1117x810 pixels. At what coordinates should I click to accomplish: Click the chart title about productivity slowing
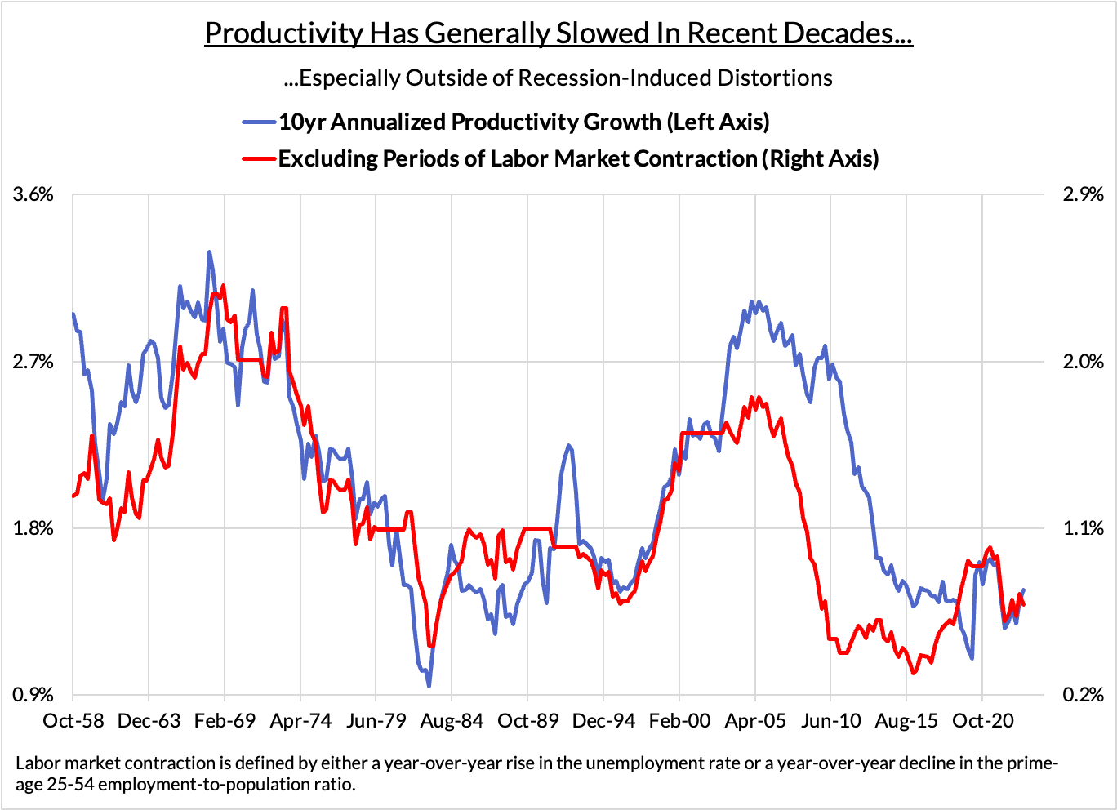pos(558,33)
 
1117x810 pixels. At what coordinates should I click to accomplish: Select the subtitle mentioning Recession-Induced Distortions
pos(558,78)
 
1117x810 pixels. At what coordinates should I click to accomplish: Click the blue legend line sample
pos(260,122)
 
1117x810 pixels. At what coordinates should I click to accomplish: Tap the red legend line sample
pos(260,158)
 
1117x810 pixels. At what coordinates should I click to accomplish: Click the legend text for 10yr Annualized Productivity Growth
pos(524,122)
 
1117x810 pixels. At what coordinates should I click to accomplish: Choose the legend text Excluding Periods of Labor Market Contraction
pos(578,158)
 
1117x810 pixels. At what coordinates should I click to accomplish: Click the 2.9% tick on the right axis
pos(1083,194)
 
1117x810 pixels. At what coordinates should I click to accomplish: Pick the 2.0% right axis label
pos(1083,361)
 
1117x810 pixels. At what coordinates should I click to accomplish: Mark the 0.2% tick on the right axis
pos(1083,694)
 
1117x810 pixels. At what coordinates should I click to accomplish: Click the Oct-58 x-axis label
pos(73,721)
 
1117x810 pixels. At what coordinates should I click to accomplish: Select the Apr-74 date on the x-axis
pos(300,721)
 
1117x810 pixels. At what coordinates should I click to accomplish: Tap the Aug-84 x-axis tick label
pos(452,721)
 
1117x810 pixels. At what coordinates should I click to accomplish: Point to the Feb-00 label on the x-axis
pos(679,721)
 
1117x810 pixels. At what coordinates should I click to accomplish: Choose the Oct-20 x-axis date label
pos(981,721)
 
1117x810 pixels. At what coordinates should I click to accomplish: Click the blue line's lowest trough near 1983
pos(429,685)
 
